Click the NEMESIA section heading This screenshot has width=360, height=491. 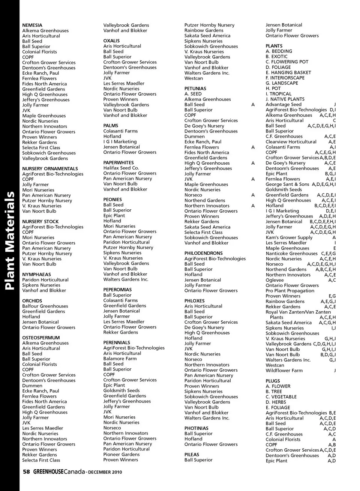32,25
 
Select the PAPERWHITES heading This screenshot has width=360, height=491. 118,163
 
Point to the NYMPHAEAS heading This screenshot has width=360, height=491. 36,275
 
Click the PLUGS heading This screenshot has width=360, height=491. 273,381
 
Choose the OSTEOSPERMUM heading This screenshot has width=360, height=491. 41,338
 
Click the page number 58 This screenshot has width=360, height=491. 26,472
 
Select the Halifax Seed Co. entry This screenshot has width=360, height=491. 121,168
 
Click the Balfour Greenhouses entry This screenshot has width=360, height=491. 45,306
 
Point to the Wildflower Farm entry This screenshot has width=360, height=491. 284,371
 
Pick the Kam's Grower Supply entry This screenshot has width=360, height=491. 289,237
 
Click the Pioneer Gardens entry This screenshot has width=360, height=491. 121,454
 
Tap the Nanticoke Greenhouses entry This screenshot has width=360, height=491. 291,254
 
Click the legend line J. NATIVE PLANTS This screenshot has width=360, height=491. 285,99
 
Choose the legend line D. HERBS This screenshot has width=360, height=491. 276,402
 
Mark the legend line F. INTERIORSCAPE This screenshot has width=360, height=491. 285,78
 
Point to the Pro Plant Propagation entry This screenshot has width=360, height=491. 290,291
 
